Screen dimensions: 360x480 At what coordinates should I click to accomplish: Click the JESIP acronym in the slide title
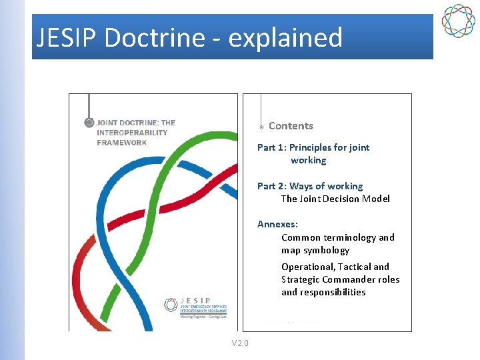point(67,38)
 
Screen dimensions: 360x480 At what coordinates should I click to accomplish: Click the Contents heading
point(291,126)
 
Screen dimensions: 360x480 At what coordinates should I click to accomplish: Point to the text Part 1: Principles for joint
point(313,147)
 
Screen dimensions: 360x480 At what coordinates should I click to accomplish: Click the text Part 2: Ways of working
point(310,186)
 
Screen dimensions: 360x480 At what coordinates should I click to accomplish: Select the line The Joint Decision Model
point(335,199)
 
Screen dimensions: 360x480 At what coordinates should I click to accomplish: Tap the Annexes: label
point(277,224)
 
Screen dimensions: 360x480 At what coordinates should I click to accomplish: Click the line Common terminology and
point(338,237)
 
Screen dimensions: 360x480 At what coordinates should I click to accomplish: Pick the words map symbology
point(315,250)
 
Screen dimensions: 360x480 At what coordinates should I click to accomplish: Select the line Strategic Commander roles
point(340,279)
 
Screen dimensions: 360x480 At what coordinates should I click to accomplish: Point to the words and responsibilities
point(323,292)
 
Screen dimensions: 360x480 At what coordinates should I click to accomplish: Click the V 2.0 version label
point(239,343)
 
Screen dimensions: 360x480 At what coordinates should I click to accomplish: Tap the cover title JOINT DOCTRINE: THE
point(136,123)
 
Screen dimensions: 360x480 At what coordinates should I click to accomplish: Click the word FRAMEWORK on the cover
point(122,142)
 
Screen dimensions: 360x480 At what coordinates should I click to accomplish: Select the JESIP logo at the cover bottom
point(195,307)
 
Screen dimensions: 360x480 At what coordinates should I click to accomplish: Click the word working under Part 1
point(308,160)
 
